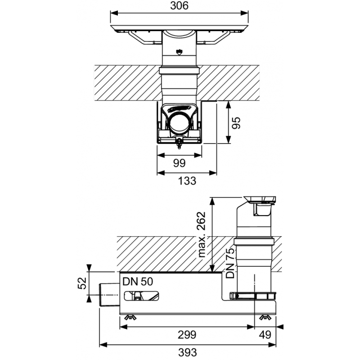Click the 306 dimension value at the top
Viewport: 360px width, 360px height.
[179, 6]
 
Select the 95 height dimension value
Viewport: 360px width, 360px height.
[236, 123]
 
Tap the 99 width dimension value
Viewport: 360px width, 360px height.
[179, 163]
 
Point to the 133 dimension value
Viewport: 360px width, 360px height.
[187, 181]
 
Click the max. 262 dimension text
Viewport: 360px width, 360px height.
[202, 234]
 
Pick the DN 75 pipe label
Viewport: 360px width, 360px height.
[230, 263]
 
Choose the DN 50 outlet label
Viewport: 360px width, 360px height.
[138, 282]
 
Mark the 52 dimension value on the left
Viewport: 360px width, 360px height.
[82, 283]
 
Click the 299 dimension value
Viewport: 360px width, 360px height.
[187, 335]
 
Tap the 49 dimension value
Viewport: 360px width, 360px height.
[265, 335]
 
